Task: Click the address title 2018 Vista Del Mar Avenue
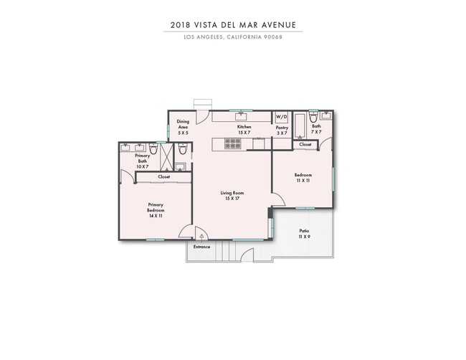[233, 24]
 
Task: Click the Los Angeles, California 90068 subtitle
[233, 37]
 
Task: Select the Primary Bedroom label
[156, 209]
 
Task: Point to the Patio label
[304, 233]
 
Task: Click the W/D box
[281, 117]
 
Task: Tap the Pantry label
[282, 130]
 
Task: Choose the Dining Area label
[184, 127]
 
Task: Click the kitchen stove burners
[233, 143]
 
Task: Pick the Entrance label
[201, 247]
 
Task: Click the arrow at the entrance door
[202, 235]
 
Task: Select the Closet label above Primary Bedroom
[163, 176]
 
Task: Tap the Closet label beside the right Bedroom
[305, 144]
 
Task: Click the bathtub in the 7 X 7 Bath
[299, 125]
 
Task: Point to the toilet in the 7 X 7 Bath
[313, 116]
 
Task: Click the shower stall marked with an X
[166, 153]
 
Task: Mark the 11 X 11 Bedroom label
[303, 178]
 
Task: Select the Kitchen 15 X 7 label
[244, 130]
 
